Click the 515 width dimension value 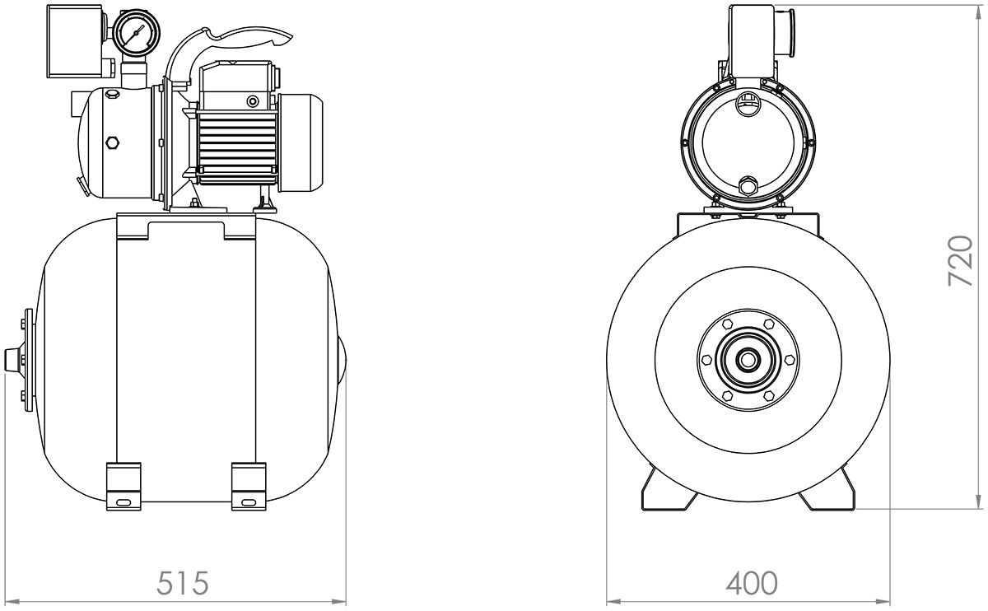pos(182,583)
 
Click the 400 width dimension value pos(752,583)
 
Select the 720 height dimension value pos(961,261)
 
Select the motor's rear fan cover pos(301,143)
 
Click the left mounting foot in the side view pos(124,487)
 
